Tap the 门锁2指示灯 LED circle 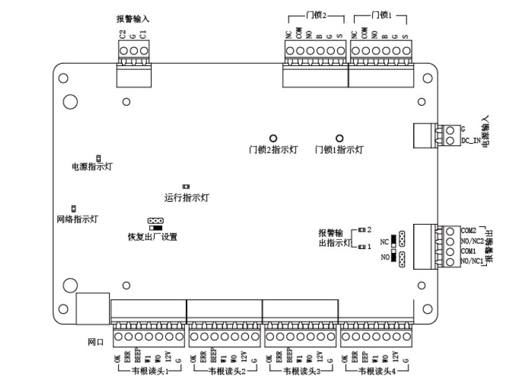point(273,138)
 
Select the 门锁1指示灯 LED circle point(339,138)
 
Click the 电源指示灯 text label point(92,167)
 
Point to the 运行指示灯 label point(187,198)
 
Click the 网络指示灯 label point(78,219)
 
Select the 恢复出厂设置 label point(153,237)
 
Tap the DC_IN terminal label point(471,140)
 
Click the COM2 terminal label point(468,231)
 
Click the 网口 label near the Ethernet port point(96,341)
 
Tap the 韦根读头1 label point(150,370)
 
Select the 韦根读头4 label point(377,370)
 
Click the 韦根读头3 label point(302,370)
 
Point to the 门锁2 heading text point(316,15)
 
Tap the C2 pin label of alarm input point(122,35)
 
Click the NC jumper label point(384,241)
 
